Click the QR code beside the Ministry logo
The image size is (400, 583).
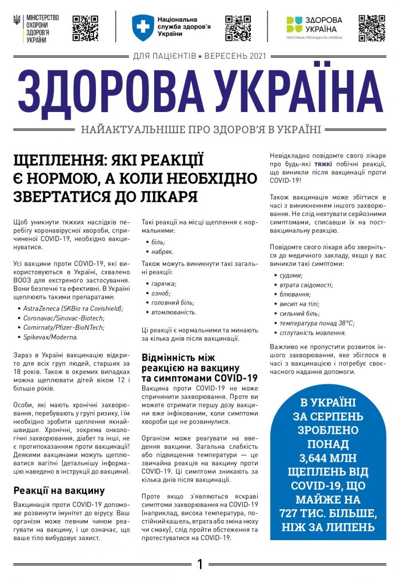point(85,28)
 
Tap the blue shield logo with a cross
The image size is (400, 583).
point(143,26)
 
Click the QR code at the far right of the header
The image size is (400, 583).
point(372,28)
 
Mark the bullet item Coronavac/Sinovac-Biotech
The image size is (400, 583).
point(63,318)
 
